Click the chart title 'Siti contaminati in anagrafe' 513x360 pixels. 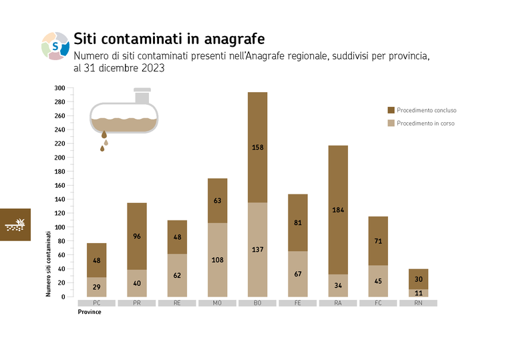click(x=168, y=38)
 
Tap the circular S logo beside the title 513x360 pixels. click(x=55, y=45)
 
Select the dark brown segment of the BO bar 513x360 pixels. click(x=257, y=147)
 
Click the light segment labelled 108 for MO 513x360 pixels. click(x=217, y=260)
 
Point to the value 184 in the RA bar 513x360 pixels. click(x=337, y=210)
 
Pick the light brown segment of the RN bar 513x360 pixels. click(x=418, y=293)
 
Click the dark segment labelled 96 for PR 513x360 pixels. click(x=137, y=236)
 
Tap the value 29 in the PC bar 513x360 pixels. click(x=96, y=287)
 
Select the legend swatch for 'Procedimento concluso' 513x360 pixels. click(x=391, y=110)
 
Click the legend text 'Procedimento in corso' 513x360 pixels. click(x=425, y=124)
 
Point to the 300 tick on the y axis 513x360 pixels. click(x=60, y=88)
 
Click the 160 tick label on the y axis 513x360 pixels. click(x=60, y=186)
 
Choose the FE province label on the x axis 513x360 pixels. click(x=297, y=303)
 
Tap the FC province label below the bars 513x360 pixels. click(x=378, y=303)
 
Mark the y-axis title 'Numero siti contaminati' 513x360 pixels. click(x=48, y=264)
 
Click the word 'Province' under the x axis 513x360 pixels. click(x=90, y=312)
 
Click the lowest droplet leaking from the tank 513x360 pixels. click(x=102, y=149)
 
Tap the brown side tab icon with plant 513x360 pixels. click(x=15, y=224)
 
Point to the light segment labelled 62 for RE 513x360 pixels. click(x=177, y=275)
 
